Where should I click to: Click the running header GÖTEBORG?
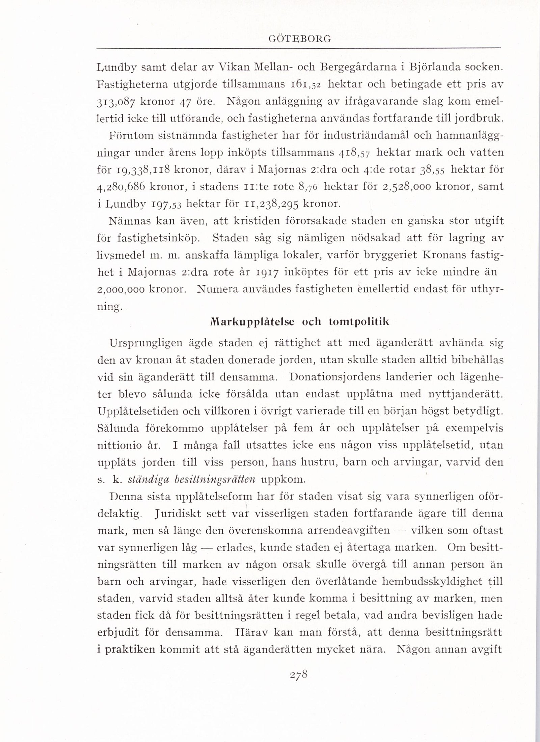pyautogui.click(x=299, y=39)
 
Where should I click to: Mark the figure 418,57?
pyautogui.click(x=354, y=152)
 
